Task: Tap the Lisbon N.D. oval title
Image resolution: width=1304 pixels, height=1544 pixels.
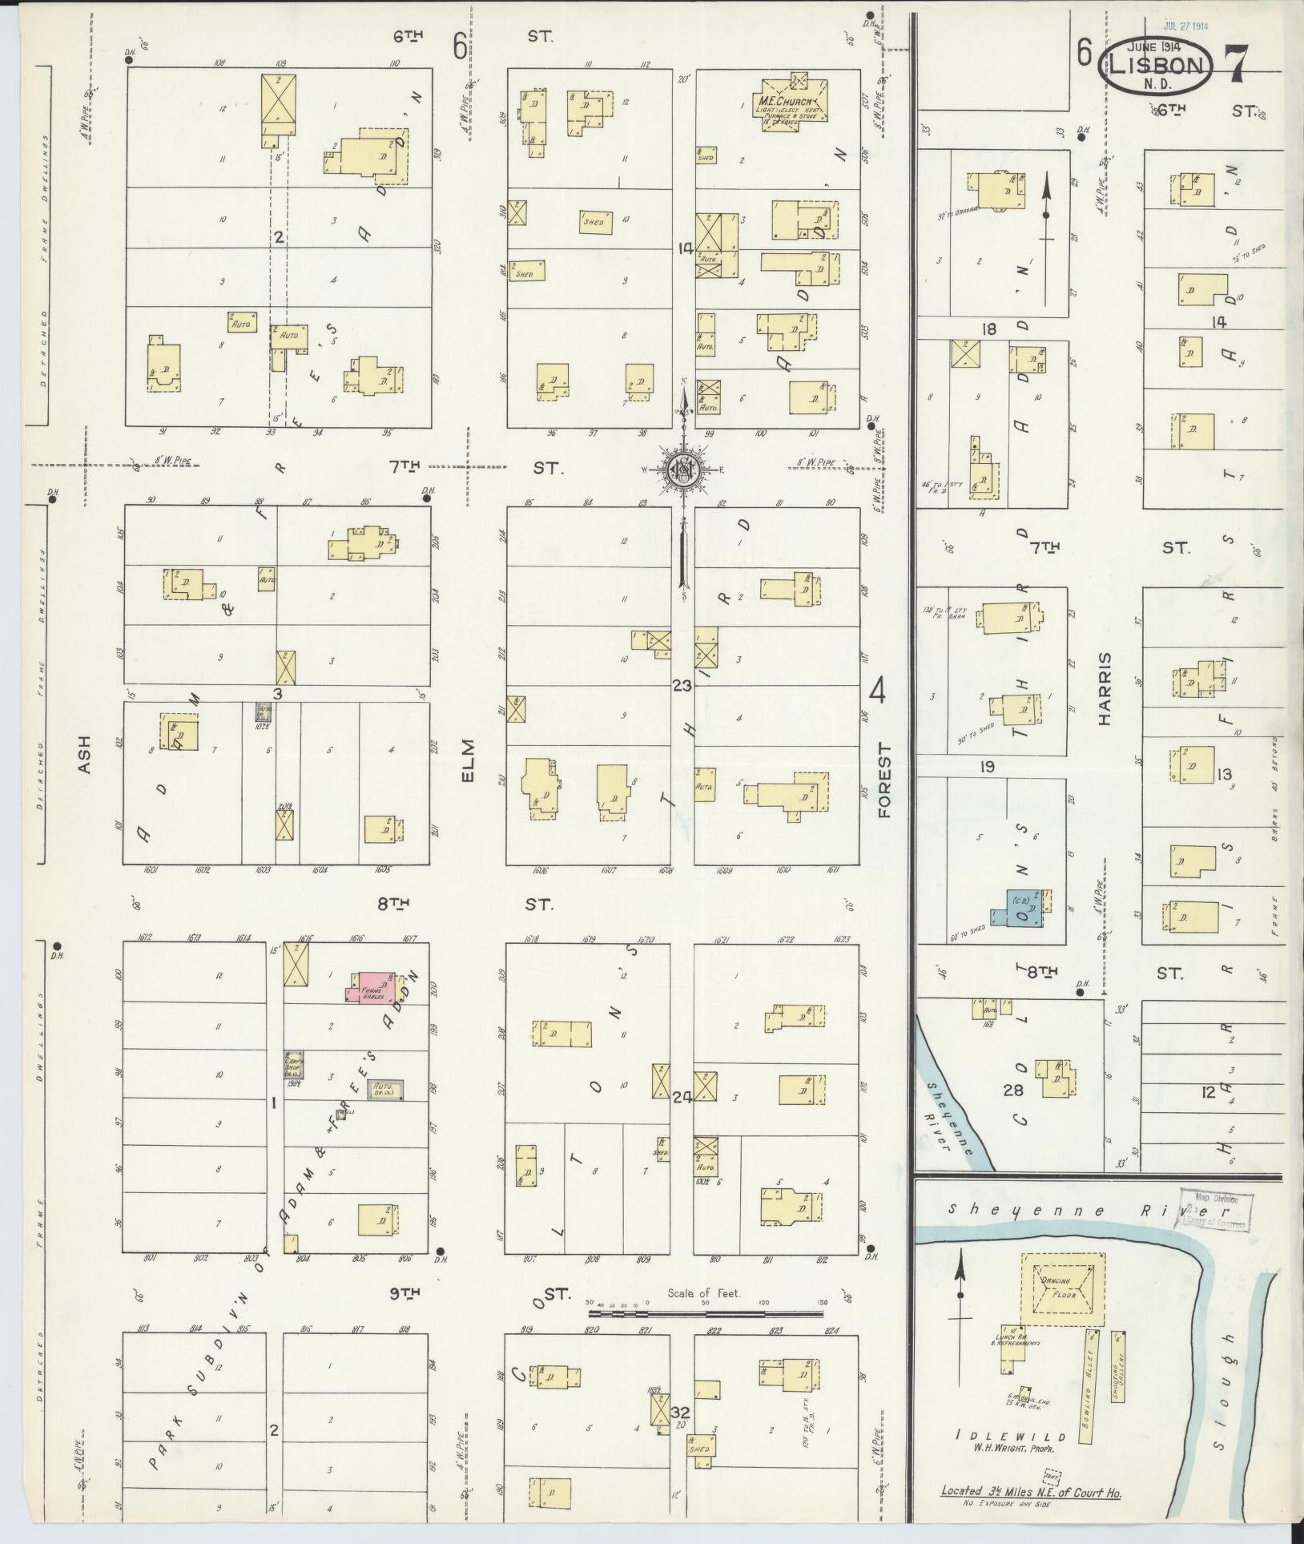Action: click(1159, 64)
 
